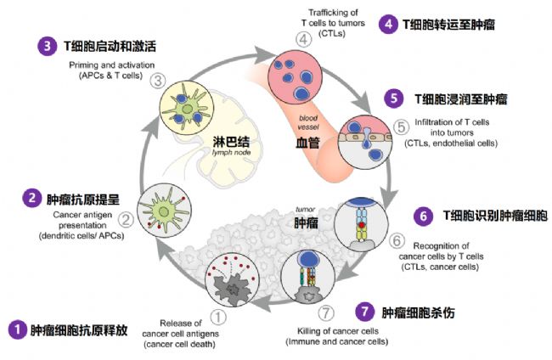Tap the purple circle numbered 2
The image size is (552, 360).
[31, 199]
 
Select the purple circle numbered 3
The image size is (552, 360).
[43, 45]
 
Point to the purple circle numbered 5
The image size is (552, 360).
[393, 98]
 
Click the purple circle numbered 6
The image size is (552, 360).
[422, 217]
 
